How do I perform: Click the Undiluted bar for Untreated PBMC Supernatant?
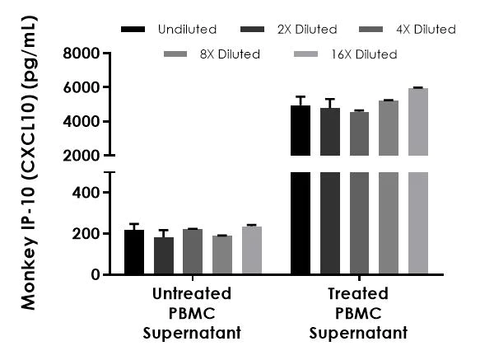pos(134,252)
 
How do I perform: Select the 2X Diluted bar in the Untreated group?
pos(164,255)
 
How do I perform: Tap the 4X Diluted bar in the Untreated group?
pos(193,251)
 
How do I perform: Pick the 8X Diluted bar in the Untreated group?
pos(221,255)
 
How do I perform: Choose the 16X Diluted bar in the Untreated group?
pos(251,250)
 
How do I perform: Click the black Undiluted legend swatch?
pos(133,30)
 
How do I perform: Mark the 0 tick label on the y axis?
pos(96,274)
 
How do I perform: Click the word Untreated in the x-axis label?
pos(192,294)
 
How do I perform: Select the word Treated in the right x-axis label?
pos(358,294)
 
